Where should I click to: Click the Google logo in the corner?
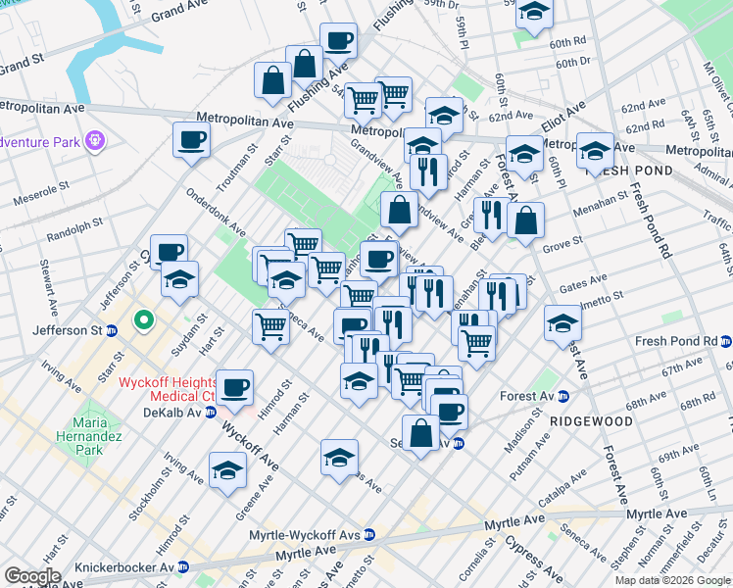pos(32,576)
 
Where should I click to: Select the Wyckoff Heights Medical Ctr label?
pos(167,388)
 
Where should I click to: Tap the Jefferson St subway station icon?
pos(114,331)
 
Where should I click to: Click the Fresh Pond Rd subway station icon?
pos(725,342)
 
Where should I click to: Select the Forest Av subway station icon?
pos(563,397)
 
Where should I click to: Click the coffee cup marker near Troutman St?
pos(191,139)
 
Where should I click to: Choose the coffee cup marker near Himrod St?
pos(233,387)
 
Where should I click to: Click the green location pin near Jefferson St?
pos(143,319)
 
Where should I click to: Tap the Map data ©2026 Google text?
pos(671,580)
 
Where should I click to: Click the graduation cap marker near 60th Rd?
pos(534,13)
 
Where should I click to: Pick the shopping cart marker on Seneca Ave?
pos(270,327)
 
